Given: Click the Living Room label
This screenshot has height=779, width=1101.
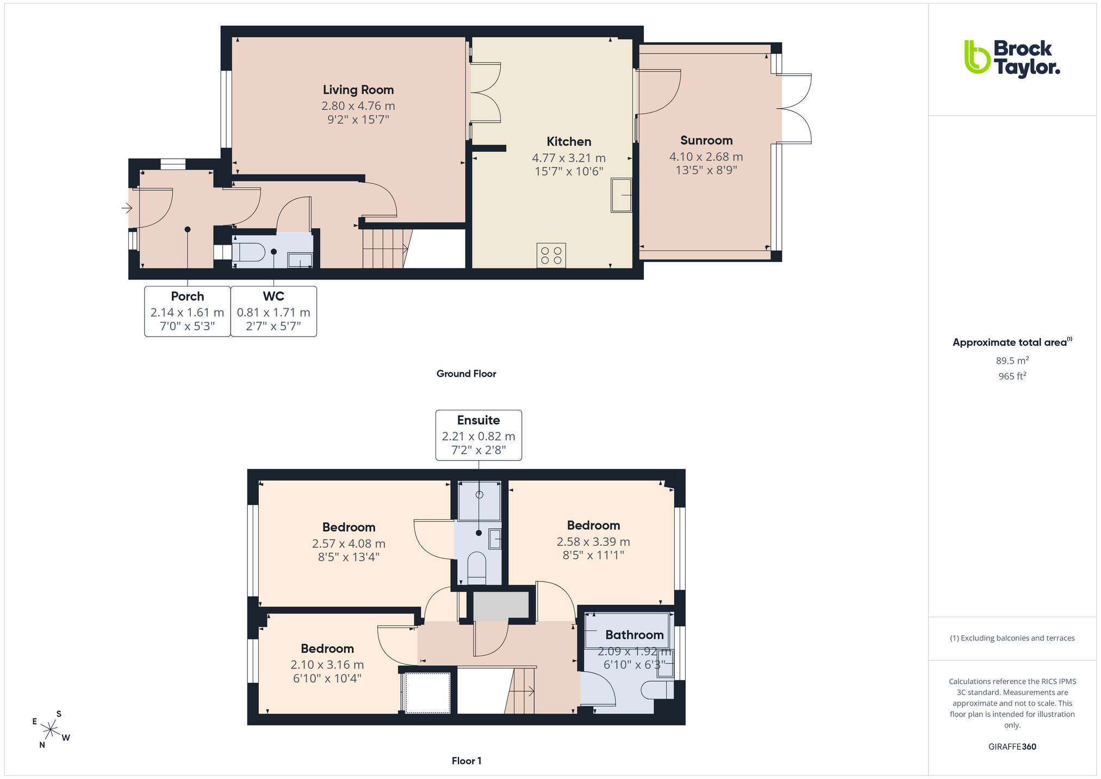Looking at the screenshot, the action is coord(358,90).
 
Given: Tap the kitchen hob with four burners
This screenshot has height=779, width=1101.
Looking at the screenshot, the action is coord(551,255).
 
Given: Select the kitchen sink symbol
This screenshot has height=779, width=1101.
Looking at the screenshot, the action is coord(621,195).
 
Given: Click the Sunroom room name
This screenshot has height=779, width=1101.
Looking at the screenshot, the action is coord(706,140).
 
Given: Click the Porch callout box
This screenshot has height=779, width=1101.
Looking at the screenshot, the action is coord(188,311).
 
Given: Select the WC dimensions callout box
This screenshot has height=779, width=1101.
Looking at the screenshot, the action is coord(273,311).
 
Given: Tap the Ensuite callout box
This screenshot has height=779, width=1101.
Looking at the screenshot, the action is coord(478,435).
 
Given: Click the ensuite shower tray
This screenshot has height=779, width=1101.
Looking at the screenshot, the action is coord(479,501).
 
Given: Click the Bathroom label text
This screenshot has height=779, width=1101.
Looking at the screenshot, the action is coord(635,635).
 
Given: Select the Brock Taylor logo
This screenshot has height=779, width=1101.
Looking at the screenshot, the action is coord(1012,58).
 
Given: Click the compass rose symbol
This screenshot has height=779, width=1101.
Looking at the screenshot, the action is coord(51,729).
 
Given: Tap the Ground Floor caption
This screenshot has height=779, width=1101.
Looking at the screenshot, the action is coord(466,373).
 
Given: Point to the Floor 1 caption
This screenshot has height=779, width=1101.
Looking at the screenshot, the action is coord(466,761).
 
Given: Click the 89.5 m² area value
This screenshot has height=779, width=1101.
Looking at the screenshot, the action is coord(1012,360).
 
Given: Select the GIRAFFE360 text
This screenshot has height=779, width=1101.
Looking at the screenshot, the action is coord(1012,746).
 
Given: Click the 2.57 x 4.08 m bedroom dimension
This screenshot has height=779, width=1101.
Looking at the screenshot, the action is coord(349,544).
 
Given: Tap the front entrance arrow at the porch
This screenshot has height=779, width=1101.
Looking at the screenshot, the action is coord(127,208).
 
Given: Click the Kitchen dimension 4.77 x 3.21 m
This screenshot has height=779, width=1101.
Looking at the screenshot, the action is coord(569,158).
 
